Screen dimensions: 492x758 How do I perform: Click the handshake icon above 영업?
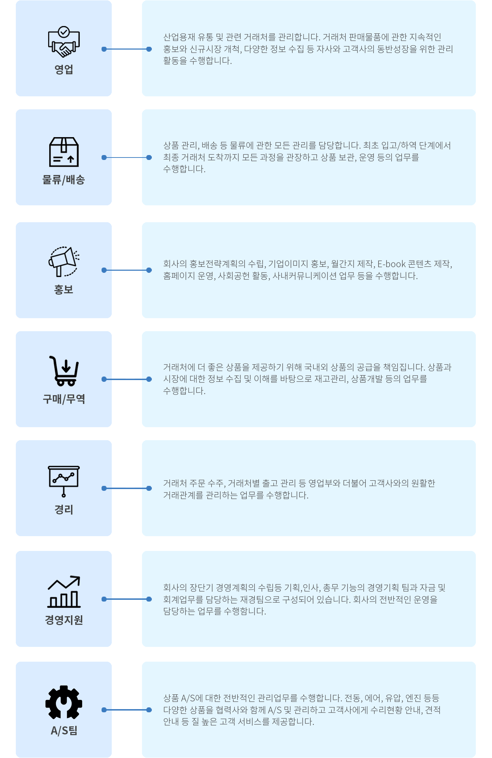click(64, 42)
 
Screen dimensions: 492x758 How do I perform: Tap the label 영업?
click(64, 69)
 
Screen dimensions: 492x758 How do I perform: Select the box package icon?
click(64, 152)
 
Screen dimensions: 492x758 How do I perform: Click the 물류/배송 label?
click(64, 180)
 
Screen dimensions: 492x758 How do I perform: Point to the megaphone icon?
click(64, 262)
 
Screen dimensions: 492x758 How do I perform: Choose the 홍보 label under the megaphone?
click(64, 289)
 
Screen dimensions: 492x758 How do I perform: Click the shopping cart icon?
click(64, 371)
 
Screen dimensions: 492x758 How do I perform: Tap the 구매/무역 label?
click(64, 399)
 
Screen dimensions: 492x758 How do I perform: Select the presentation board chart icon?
click(64, 481)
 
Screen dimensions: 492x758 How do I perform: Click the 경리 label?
click(64, 509)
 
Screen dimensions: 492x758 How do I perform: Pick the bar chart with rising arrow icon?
click(64, 592)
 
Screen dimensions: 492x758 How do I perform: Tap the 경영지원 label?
click(64, 619)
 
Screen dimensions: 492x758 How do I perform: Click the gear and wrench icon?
click(64, 702)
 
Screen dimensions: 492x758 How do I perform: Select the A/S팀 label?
click(64, 730)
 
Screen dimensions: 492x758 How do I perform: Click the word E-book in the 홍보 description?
click(391, 264)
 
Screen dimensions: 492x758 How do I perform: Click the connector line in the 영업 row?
click(127, 49)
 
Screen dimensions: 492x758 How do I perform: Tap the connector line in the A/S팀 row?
click(127, 710)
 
